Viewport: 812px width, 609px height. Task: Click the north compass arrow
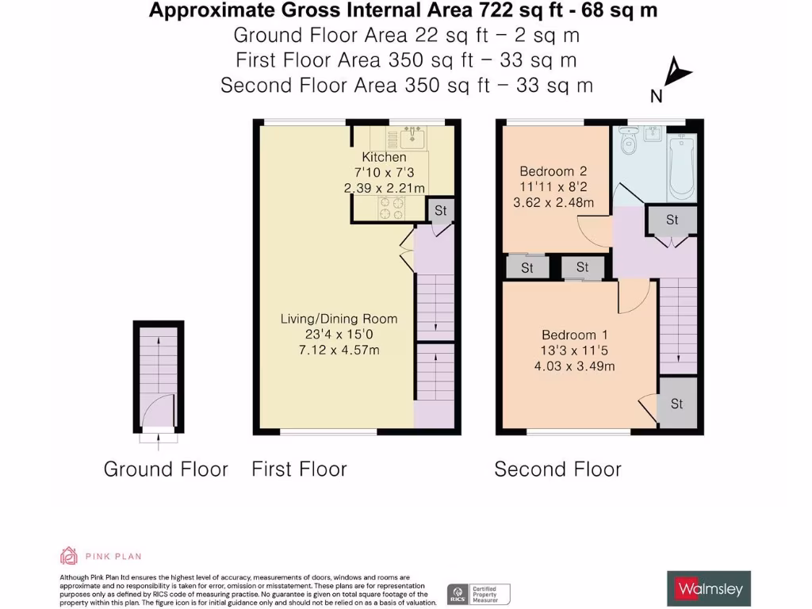[678, 73]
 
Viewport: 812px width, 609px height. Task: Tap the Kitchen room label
[384, 157]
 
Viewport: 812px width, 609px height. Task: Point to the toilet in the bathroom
[630, 142]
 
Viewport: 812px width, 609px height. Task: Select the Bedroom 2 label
[553, 171]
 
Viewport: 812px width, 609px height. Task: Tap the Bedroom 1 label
[578, 335]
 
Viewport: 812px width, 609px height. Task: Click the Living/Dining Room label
[339, 319]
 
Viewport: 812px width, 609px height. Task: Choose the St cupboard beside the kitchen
[441, 211]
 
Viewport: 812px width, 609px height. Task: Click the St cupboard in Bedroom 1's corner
[676, 404]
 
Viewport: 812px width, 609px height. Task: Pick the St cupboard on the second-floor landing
[672, 220]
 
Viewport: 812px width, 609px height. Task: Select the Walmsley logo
[708, 588]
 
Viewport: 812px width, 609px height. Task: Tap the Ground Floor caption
[166, 469]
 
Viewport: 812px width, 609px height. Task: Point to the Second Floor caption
[557, 469]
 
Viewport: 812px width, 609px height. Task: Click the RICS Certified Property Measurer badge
[479, 593]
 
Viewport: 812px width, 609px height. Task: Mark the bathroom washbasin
[655, 132]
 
